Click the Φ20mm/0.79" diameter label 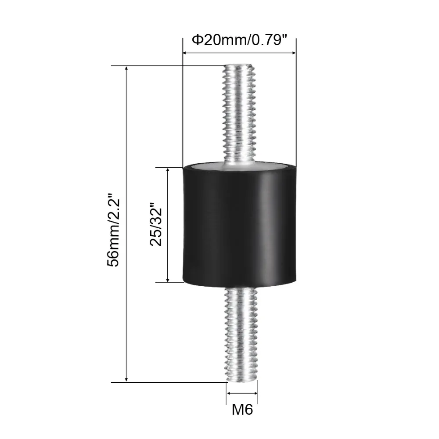(x=239, y=40)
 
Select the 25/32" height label (x=156, y=224)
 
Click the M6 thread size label (x=242, y=410)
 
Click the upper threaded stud (x=240, y=114)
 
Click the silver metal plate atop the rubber (x=240, y=166)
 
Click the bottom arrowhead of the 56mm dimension (x=127, y=379)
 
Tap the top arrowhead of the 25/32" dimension (x=167, y=170)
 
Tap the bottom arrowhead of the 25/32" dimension (x=167, y=279)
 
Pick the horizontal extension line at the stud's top (x=167, y=66)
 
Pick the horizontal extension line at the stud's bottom (x=167, y=382)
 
